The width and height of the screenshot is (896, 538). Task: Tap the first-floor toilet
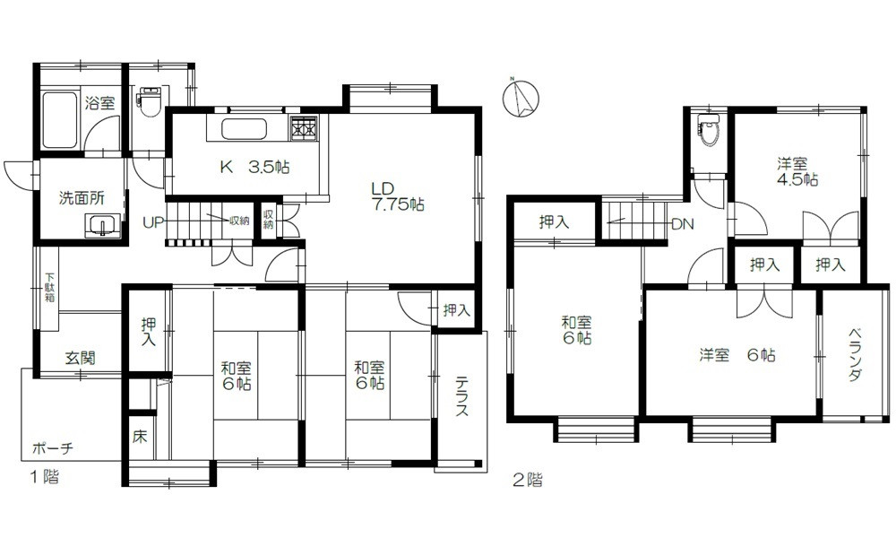coord(150,101)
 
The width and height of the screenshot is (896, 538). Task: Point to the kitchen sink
coord(244,130)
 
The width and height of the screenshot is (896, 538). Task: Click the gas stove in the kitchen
coord(304,128)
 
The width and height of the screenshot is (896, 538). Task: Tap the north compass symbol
coord(520,97)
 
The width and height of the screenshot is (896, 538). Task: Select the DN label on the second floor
coord(682,224)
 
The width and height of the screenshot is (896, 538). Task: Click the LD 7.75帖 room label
coord(399,196)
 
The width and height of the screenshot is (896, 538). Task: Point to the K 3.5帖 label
coord(254,167)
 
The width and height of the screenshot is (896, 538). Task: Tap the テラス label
coord(461,395)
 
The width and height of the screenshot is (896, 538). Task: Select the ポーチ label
coord(53,448)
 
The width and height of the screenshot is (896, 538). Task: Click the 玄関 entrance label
coord(80,359)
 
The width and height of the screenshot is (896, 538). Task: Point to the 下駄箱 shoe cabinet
coord(49,288)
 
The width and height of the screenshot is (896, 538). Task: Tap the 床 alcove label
coord(140,437)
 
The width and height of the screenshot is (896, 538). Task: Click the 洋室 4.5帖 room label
coord(797,171)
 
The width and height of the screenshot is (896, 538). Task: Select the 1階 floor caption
coord(44,477)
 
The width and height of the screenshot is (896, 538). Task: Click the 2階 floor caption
coord(528,479)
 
